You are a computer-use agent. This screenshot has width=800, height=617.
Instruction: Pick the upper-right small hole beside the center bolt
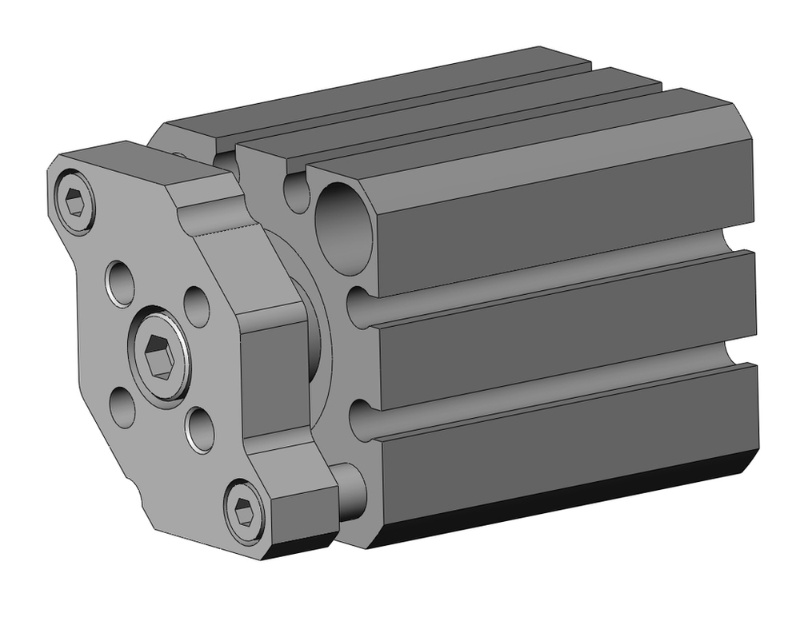coord(197,304)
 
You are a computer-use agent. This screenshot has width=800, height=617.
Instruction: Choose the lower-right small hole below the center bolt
coord(198,428)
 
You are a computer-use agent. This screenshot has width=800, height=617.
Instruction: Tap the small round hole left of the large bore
coord(296,192)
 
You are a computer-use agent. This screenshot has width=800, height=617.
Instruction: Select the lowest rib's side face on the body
coord(560,448)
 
